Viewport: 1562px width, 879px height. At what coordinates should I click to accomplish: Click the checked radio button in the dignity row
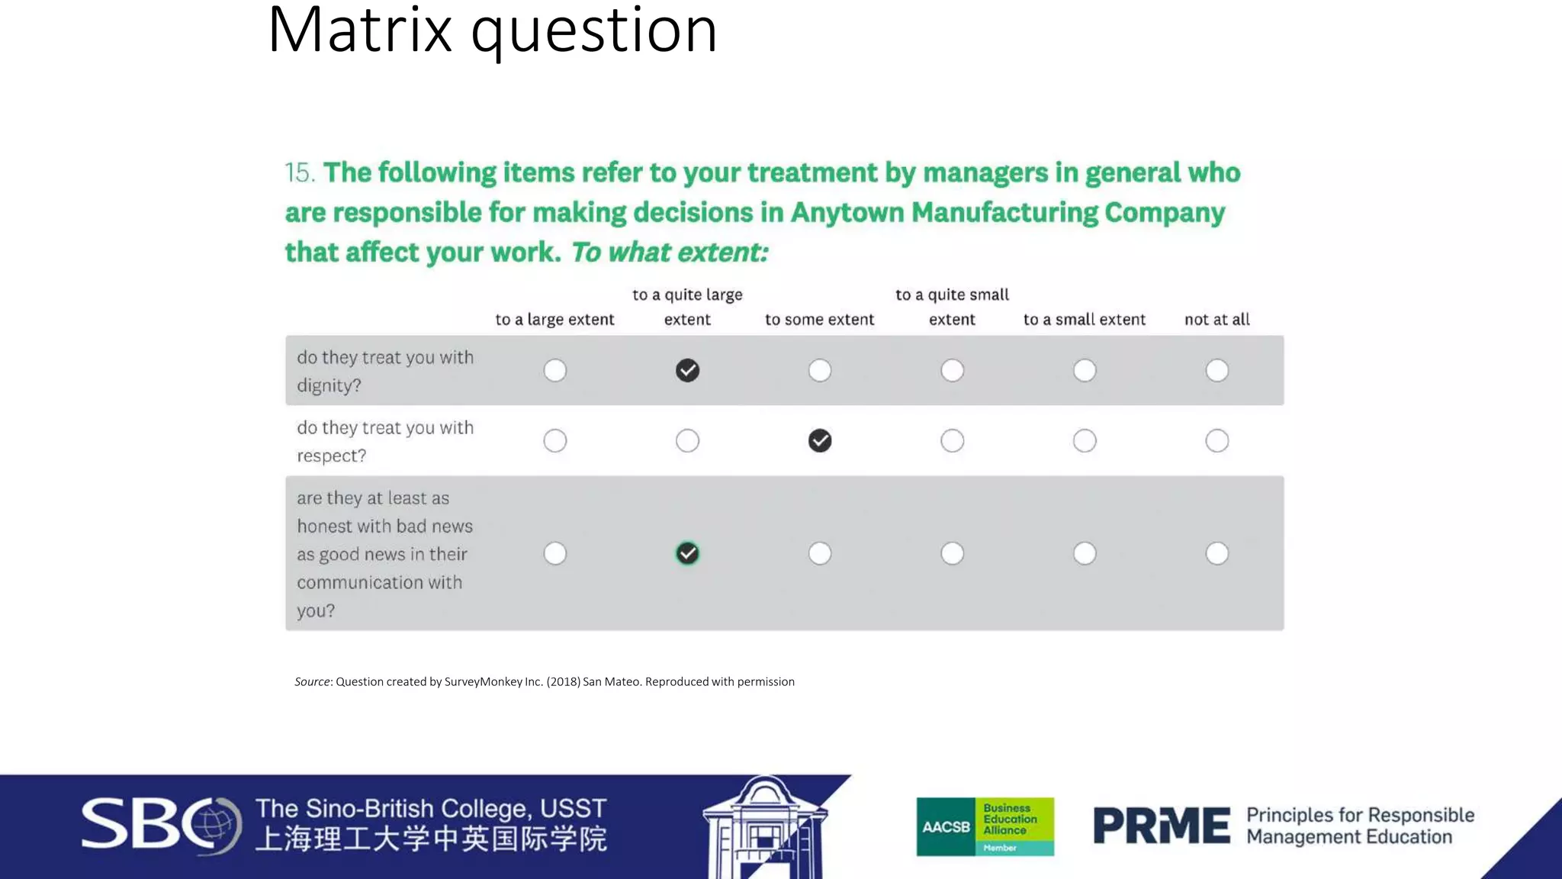tap(687, 371)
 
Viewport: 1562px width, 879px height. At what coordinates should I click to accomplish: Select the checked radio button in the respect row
tap(820, 441)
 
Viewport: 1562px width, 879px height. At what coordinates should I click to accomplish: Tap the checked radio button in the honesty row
tap(687, 553)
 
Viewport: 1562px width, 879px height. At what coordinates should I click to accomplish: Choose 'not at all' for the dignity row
tap(1216, 371)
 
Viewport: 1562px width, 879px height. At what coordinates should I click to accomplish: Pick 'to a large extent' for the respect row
tap(555, 441)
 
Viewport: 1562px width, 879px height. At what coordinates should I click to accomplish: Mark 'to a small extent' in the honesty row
tap(1085, 553)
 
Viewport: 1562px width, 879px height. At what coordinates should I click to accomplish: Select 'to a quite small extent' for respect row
tap(952, 441)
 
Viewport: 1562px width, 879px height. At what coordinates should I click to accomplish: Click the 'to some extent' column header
tap(819, 320)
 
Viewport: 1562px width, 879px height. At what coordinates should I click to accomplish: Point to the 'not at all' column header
tap(1216, 320)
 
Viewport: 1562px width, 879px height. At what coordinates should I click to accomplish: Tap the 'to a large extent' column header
tap(554, 320)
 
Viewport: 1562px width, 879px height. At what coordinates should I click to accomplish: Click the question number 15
tap(299, 173)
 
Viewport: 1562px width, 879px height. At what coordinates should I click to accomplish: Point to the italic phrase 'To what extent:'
tap(670, 253)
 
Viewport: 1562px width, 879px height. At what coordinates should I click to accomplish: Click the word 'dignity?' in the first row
tap(329, 386)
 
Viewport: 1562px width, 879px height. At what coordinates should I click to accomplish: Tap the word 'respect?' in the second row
tap(331, 456)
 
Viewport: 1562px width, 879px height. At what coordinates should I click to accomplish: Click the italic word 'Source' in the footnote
tap(312, 682)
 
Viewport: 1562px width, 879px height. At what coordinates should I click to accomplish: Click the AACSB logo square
tap(946, 827)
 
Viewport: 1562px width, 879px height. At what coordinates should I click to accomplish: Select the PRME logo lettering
tap(1161, 826)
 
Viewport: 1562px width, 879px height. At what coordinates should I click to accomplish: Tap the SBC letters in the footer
tap(141, 824)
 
